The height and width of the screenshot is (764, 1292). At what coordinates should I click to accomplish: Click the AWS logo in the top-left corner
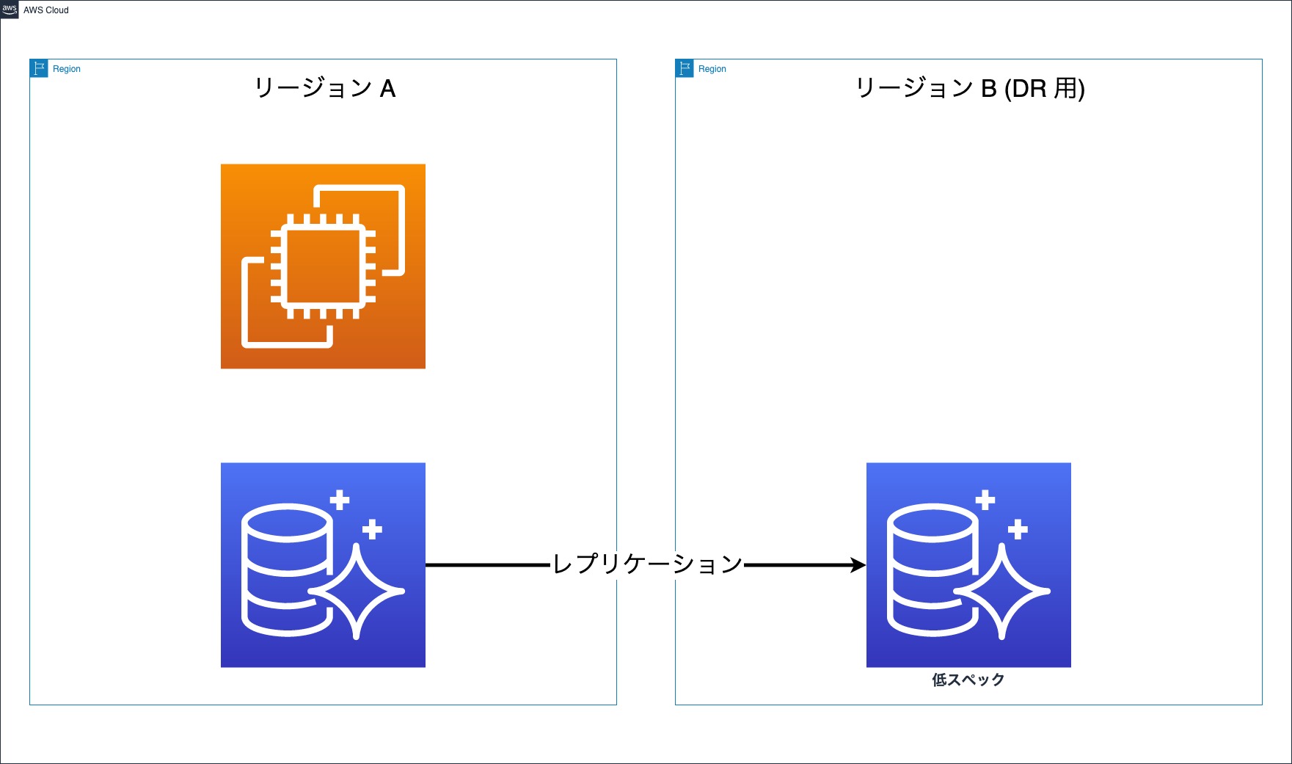coord(10,10)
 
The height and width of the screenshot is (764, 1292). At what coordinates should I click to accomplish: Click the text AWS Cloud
coord(46,10)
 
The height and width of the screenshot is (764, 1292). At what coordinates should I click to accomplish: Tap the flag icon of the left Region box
coord(39,68)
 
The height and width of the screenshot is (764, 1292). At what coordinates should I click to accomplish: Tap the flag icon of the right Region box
coord(685,68)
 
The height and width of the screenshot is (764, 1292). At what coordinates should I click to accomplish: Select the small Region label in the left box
coord(67,69)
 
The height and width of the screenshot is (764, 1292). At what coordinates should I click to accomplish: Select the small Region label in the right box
coord(712,69)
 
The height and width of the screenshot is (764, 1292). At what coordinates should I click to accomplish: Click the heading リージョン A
coord(324,89)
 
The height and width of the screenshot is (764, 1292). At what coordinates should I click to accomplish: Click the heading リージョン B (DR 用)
coord(969,89)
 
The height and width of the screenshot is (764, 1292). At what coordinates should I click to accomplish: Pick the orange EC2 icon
coord(323,266)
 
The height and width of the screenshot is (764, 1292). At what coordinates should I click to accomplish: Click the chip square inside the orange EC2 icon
coord(323,266)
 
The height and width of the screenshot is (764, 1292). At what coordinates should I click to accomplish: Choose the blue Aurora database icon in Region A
coord(323,564)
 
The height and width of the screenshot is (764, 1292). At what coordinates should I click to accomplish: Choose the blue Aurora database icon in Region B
coord(968,564)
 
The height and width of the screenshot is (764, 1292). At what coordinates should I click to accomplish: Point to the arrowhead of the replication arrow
coord(858,564)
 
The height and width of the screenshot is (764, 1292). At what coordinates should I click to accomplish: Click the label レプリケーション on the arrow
coord(647,564)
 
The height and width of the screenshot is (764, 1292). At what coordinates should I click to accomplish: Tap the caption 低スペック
coord(968,680)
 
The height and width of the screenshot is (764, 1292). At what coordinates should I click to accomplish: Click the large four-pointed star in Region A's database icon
coord(357,591)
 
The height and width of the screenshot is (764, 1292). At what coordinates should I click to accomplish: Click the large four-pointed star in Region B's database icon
coord(1002,591)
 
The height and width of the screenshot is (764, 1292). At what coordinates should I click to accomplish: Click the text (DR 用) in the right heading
coord(1045,89)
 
